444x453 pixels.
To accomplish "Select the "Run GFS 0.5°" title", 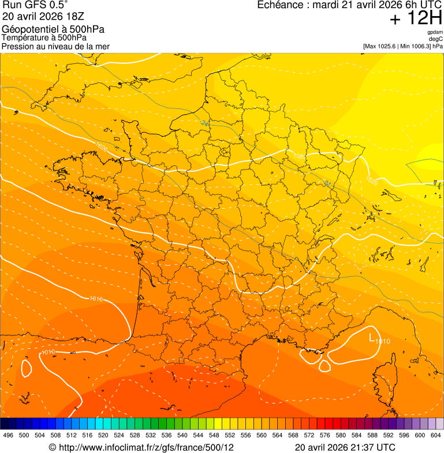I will coord(35,5).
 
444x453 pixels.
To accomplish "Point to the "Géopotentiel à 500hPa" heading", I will coord(53,29).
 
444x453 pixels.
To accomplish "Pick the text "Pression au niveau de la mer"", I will coord(55,46).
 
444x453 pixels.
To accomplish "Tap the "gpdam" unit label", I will coord(435,33).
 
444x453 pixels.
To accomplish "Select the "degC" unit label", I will coord(436,39).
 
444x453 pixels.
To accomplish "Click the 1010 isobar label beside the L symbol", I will coord(382,341).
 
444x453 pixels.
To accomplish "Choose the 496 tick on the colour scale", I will coord(8,436).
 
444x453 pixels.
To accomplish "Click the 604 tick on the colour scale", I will coord(436,436).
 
